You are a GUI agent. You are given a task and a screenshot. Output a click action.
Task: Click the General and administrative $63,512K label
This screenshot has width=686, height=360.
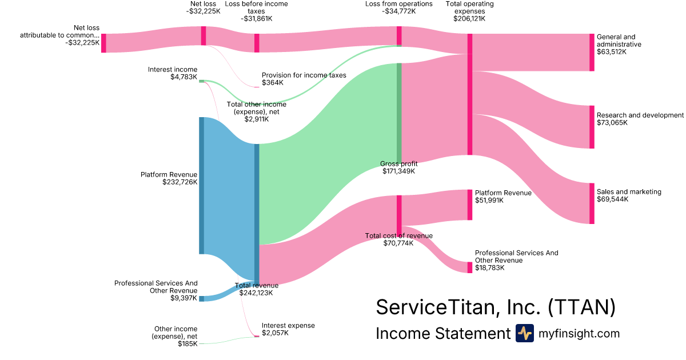click(619, 44)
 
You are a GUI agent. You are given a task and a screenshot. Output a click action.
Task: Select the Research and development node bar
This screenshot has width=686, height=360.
click(592, 127)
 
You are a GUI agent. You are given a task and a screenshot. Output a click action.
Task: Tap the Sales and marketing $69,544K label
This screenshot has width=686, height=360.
click(628, 195)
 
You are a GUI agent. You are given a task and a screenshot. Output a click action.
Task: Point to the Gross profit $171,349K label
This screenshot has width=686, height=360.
click(398, 167)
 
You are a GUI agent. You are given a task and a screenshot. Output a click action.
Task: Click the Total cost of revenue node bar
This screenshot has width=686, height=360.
click(399, 214)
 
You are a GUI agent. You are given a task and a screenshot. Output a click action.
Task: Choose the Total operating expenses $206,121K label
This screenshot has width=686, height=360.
click(469, 11)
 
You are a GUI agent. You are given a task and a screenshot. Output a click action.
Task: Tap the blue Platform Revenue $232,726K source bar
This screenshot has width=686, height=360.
click(201, 186)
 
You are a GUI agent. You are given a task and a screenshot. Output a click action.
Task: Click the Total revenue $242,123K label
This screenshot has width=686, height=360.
click(257, 289)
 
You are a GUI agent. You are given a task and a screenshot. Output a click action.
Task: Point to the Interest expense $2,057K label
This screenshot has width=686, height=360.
click(288, 329)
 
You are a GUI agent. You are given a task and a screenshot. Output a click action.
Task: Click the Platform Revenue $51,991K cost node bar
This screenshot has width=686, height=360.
click(470, 205)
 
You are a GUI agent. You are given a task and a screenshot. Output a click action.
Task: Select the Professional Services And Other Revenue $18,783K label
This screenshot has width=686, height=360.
click(516, 260)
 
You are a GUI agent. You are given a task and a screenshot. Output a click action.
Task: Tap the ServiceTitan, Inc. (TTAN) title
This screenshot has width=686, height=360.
click(495, 307)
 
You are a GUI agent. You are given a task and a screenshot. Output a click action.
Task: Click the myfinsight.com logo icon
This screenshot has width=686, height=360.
click(524, 333)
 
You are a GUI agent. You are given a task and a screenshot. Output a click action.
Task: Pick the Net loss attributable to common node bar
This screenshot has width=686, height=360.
click(103, 43)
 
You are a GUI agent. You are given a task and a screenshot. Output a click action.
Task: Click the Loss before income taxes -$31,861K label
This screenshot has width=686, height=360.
click(256, 11)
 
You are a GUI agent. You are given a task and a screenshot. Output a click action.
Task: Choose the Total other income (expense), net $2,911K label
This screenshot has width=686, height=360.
click(256, 111)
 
